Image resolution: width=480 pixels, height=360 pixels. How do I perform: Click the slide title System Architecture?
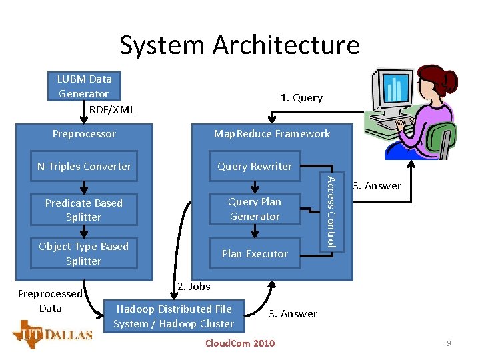tap(239, 45)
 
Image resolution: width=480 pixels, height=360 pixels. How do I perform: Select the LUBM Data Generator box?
tap(84, 86)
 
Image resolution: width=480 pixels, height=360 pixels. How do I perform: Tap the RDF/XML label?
tap(111, 109)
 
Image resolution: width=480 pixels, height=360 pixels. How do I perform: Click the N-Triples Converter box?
tap(84, 167)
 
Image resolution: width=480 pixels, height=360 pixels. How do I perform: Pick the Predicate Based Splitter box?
tap(84, 210)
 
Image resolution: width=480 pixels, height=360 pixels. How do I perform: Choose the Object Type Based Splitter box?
tap(84, 253)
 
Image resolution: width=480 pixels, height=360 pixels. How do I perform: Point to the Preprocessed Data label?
tap(50, 301)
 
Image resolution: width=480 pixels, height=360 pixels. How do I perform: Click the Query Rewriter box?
tap(255, 167)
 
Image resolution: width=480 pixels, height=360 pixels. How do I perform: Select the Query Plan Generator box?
tap(255, 209)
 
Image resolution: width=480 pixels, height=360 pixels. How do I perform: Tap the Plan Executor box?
tap(255, 253)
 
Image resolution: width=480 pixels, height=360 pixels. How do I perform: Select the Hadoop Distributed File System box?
tap(173, 316)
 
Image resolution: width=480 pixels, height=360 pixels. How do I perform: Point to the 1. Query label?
tap(301, 98)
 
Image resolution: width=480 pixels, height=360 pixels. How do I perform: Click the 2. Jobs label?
tap(194, 287)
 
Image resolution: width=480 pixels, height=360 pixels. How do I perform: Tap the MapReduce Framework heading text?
tap(272, 134)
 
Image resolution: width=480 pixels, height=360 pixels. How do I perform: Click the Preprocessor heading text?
tap(84, 134)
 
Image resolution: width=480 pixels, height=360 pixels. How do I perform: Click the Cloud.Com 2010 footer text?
tap(239, 343)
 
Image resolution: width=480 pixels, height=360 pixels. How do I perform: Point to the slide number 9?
tap(449, 343)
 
